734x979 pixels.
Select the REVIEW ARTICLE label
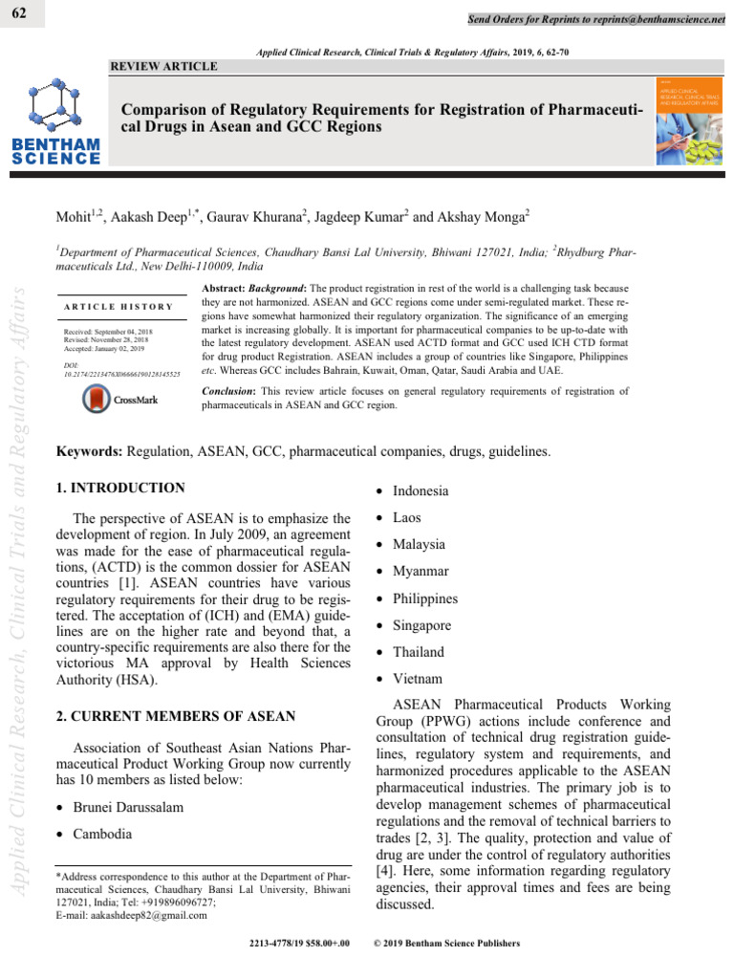(x=164, y=66)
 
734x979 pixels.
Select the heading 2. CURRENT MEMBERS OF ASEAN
(x=176, y=716)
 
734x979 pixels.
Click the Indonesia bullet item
(x=420, y=490)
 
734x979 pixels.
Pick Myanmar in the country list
(x=421, y=572)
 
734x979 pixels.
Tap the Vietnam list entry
(x=418, y=679)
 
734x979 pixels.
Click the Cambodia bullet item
(x=104, y=834)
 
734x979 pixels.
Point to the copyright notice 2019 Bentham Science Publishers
(x=449, y=944)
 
